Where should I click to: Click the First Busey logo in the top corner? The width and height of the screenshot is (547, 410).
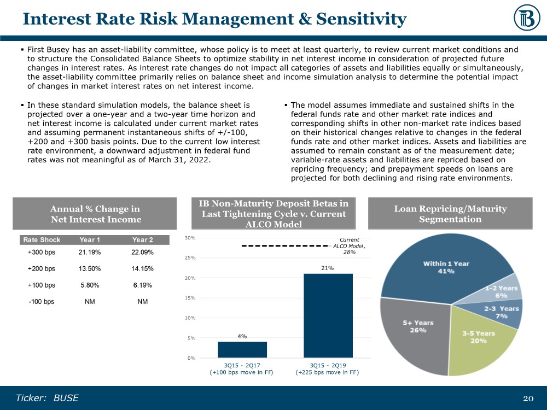click(527, 17)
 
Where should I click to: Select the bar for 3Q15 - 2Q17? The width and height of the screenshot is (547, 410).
click(235, 349)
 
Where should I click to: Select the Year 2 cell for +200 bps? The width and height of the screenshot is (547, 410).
click(143, 268)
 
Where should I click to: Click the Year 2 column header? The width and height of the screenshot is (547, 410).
click(143, 239)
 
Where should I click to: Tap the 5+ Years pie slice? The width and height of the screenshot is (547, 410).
click(416, 333)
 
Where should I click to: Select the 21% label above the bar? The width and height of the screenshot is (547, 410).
click(328, 268)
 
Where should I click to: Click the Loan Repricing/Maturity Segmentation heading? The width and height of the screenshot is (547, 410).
click(450, 214)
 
